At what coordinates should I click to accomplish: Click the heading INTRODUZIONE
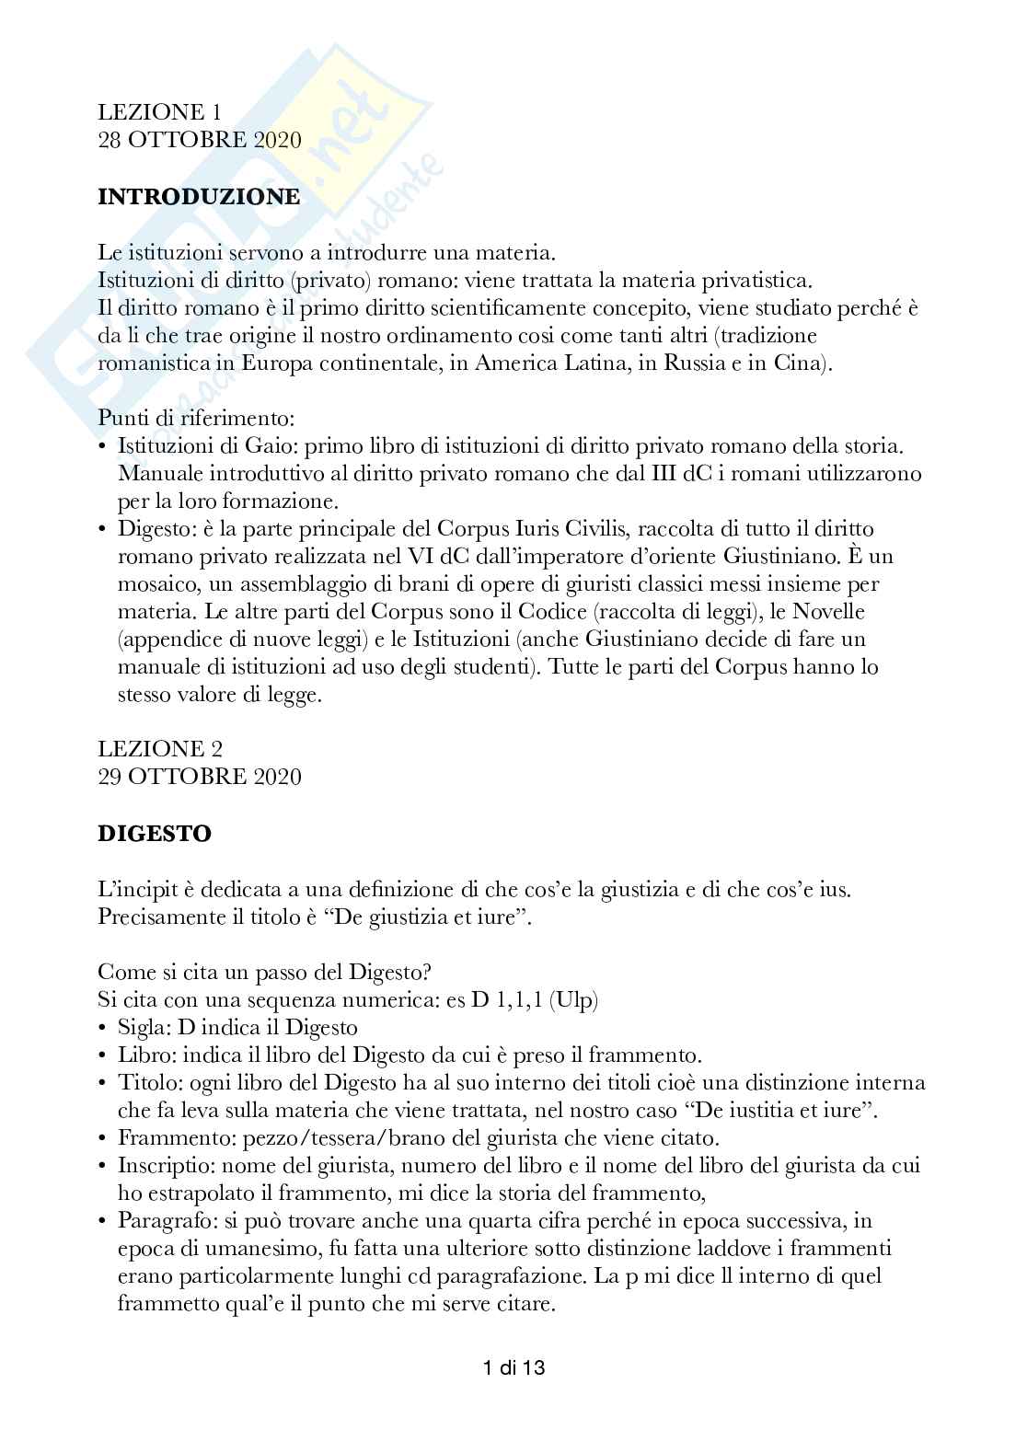click(199, 196)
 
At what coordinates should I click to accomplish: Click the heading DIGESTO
click(155, 834)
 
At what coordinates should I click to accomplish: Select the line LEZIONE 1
click(160, 112)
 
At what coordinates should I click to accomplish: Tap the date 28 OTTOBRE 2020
click(200, 140)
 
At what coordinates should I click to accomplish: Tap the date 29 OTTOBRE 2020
click(200, 777)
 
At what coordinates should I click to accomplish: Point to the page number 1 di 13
click(513, 1368)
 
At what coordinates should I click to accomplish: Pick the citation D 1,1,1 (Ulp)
click(535, 1000)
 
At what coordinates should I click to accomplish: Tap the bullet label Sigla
click(139, 1028)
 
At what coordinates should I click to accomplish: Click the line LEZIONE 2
click(160, 749)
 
